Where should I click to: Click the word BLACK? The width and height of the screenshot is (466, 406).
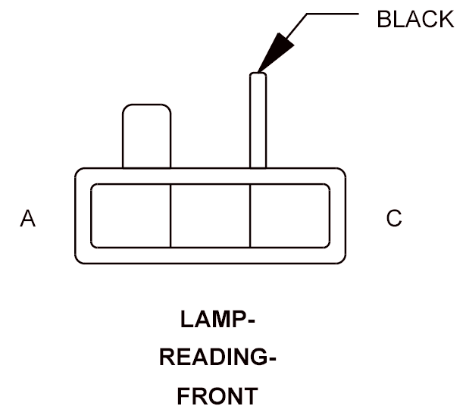click(x=415, y=19)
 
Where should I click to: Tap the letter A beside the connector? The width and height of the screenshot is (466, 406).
click(x=27, y=218)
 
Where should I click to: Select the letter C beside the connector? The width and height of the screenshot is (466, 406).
click(x=394, y=218)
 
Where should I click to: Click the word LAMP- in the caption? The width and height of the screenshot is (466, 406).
click(x=217, y=320)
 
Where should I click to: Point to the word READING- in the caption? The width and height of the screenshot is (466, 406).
click(x=217, y=357)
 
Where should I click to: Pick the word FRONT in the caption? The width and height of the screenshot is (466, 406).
click(x=217, y=395)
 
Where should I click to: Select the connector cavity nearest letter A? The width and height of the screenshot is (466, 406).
click(x=130, y=216)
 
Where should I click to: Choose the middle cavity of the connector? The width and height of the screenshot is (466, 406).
click(x=211, y=216)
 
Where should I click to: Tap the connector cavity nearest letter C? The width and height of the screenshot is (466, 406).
click(x=290, y=216)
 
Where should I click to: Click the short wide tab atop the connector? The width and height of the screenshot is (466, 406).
click(x=146, y=136)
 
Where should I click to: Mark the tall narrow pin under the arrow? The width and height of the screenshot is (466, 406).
click(x=258, y=120)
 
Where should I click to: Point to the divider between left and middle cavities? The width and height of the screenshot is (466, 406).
click(x=170, y=216)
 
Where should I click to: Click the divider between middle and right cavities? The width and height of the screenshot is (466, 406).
click(x=250, y=216)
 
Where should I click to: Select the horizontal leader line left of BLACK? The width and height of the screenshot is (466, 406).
click(x=333, y=14)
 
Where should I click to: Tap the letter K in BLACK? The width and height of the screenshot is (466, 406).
click(x=446, y=19)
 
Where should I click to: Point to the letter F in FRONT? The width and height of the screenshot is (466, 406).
click(x=184, y=395)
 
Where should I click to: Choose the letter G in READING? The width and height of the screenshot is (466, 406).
click(x=258, y=357)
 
